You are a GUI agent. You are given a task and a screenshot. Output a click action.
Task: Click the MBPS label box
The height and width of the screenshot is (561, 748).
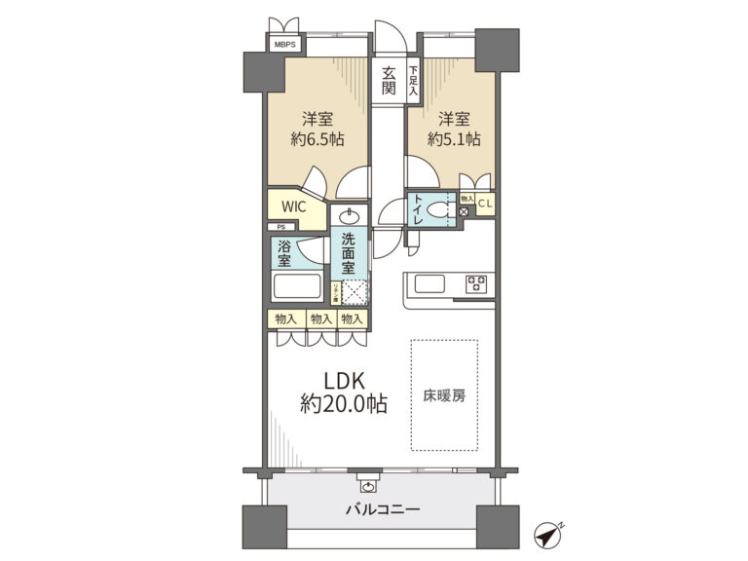284,45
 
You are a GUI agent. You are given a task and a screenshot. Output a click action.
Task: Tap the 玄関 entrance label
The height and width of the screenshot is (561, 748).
389,82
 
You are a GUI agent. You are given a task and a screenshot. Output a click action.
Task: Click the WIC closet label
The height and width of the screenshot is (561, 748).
293,207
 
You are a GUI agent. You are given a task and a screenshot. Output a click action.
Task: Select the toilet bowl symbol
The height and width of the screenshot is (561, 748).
444,208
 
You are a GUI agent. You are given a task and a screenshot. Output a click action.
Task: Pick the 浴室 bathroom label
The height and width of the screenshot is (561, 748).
283,253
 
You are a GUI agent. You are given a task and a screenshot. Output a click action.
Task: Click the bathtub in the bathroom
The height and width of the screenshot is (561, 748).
297,288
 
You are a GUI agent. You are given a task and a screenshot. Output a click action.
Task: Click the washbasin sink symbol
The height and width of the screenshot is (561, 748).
350,216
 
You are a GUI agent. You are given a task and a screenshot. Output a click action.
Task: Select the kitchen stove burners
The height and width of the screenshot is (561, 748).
477,284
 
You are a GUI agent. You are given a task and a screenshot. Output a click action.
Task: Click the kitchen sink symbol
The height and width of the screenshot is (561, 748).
430,284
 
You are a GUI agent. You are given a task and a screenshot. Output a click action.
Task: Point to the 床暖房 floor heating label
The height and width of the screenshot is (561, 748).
443,396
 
